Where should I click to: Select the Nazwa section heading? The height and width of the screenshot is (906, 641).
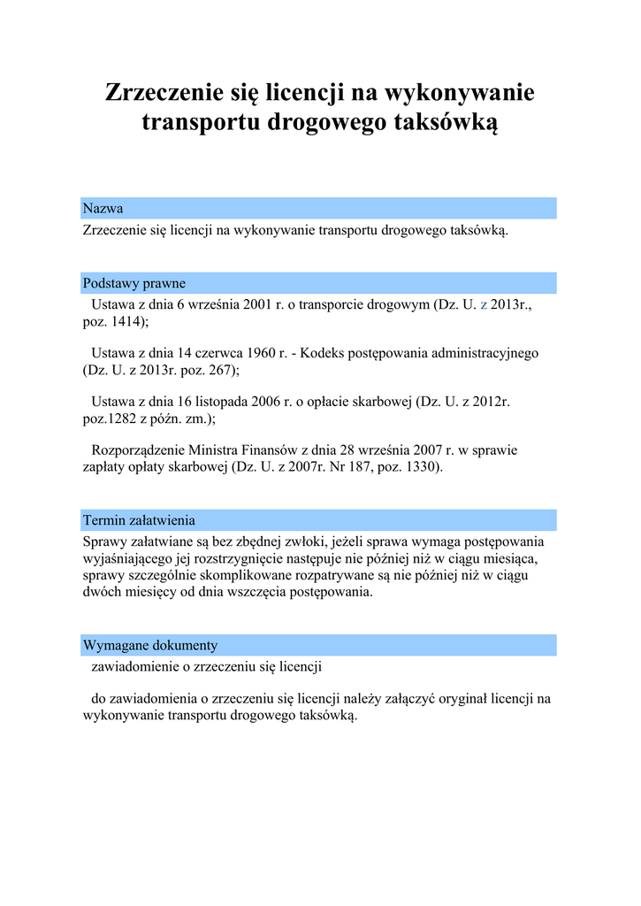pyautogui.click(x=103, y=209)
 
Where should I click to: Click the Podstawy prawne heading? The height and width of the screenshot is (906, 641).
pyautogui.click(x=134, y=283)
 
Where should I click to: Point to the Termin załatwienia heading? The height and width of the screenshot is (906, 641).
pyautogui.click(x=139, y=519)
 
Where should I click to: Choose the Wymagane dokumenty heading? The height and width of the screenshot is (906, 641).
pyautogui.click(x=149, y=645)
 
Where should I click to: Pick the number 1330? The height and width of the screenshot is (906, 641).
pyautogui.click(x=422, y=467)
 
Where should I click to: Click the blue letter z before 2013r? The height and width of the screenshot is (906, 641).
pyautogui.click(x=483, y=304)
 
